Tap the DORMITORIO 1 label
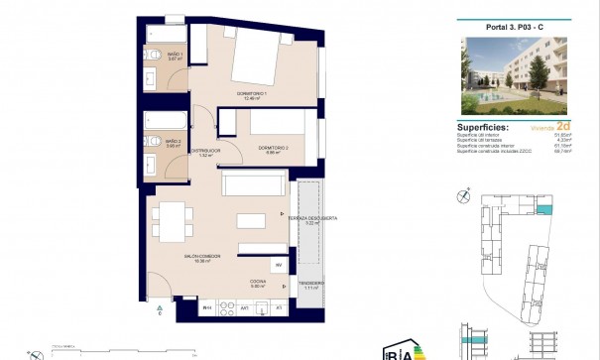coord(253,95)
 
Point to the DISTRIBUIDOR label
coord(205,151)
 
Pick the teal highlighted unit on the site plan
coord(543,210)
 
